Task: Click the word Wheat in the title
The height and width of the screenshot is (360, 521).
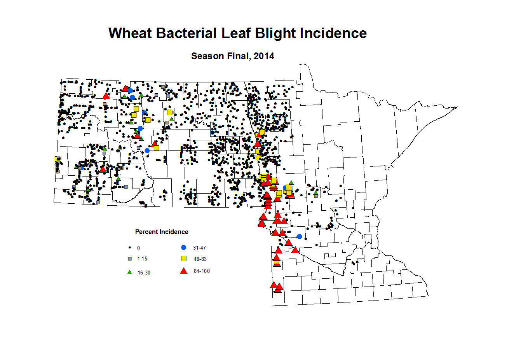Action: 130,33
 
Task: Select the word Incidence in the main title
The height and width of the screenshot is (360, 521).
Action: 333,33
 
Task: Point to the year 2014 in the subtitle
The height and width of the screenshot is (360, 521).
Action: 264,56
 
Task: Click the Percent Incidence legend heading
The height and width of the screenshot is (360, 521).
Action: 162,232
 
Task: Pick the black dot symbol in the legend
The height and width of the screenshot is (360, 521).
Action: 129,248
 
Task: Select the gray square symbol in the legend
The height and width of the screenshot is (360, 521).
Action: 130,259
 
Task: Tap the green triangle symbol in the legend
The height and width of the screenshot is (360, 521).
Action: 130,272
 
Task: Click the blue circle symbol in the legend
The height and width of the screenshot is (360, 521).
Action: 184,248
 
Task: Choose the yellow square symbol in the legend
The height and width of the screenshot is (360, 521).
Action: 184,259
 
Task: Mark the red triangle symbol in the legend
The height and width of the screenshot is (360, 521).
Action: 184,271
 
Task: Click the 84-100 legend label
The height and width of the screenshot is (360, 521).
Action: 202,271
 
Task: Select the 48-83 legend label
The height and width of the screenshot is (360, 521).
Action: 200,259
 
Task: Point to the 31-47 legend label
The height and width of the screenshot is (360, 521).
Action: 199,248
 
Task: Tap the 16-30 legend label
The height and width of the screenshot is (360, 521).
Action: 144,273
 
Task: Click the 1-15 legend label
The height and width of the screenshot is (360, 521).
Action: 142,259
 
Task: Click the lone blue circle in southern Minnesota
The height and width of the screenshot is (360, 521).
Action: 299,236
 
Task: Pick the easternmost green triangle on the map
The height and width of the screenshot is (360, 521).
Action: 315,192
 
